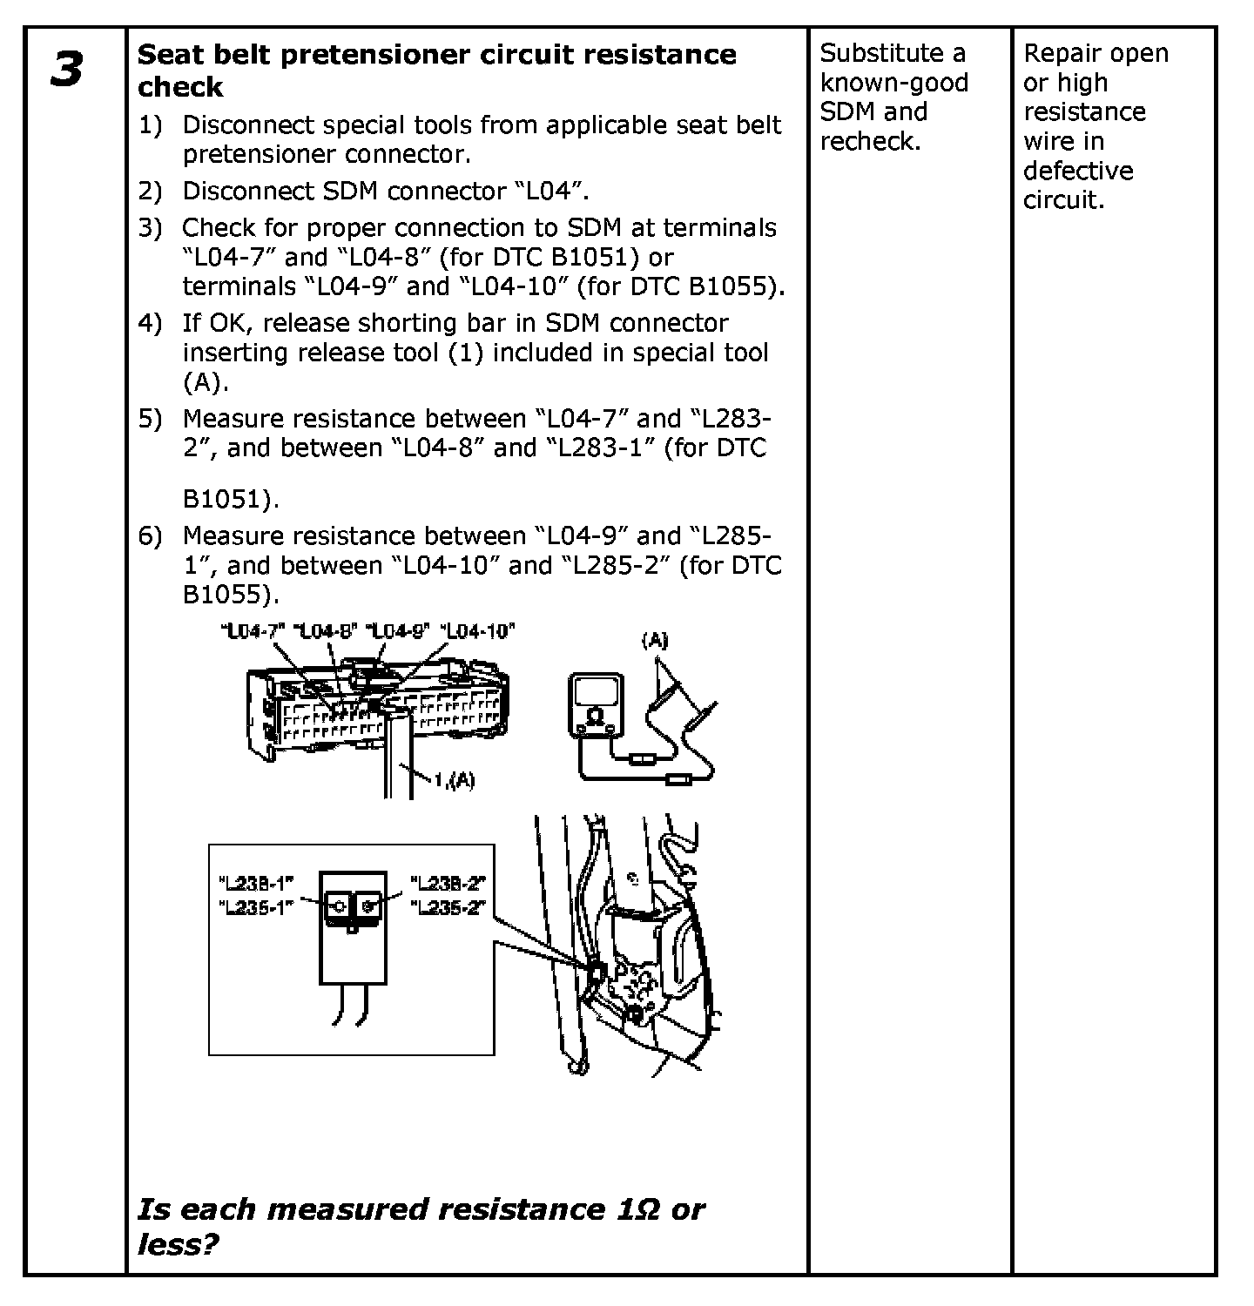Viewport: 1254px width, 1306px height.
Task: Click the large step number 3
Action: pos(67,70)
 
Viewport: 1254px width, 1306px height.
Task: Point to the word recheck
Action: pos(868,141)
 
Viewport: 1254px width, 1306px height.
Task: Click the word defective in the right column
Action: pos(1078,171)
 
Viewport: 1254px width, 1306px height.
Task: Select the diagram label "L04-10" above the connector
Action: pos(478,631)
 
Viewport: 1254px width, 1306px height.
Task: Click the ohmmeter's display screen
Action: pos(596,693)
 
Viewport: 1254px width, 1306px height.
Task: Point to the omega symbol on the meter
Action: pos(596,717)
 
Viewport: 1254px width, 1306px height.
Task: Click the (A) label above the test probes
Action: pos(655,642)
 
